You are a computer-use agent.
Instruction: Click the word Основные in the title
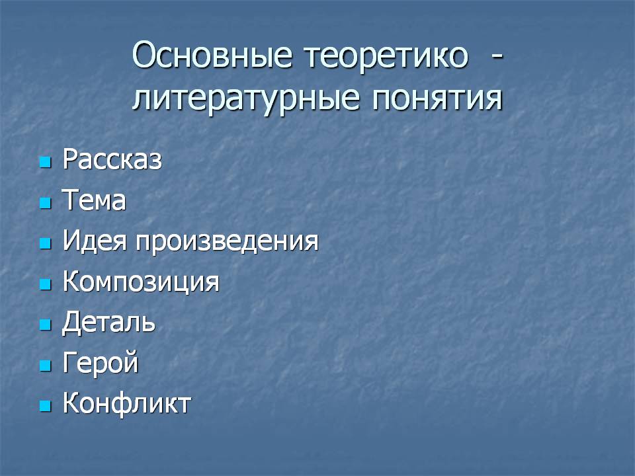212,55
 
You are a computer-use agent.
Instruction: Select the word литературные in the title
246,98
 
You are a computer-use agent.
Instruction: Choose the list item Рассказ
112,159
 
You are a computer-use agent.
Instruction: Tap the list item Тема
94,200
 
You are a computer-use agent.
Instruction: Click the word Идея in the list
95,241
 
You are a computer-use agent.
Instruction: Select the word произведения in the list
227,242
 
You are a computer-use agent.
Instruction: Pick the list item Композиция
141,282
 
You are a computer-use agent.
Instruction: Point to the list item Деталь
108,322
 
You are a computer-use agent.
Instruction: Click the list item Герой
101,363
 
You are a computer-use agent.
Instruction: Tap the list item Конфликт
127,403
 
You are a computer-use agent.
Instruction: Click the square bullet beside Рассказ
46,163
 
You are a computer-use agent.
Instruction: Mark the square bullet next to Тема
46,203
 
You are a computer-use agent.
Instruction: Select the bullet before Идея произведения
46,243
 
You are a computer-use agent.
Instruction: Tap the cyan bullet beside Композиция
46,284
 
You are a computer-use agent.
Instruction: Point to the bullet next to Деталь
46,325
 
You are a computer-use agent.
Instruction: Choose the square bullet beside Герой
46,366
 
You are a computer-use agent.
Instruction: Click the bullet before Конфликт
46,406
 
